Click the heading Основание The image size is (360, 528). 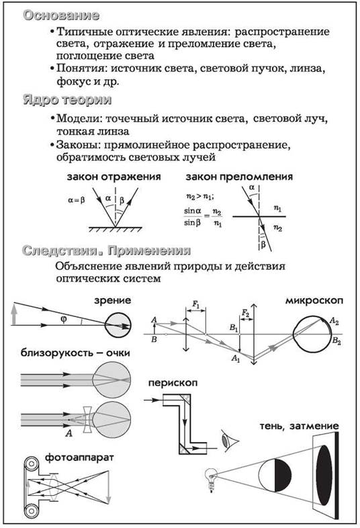pos(61,15)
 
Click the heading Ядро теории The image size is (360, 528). pos(67,99)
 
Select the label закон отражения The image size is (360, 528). pos(114,177)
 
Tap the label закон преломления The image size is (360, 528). pos(239,177)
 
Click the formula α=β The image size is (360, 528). pos(77,200)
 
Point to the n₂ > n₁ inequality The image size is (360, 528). pos(200,196)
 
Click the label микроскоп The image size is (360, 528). pos(314,300)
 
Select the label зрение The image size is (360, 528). pos(112,300)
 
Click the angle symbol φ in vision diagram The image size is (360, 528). pos(64,319)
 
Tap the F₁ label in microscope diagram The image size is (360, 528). pos(196,304)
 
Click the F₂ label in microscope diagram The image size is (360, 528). pos(246,314)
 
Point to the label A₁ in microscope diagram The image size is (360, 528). pos(236,358)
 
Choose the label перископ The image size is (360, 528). pos(173,383)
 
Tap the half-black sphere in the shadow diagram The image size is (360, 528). pos(275,475)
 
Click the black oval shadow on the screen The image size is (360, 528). pos(324,475)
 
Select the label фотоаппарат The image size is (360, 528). pos(79,457)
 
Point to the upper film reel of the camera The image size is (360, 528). pos(32,464)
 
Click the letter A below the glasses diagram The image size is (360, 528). pos(69,433)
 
